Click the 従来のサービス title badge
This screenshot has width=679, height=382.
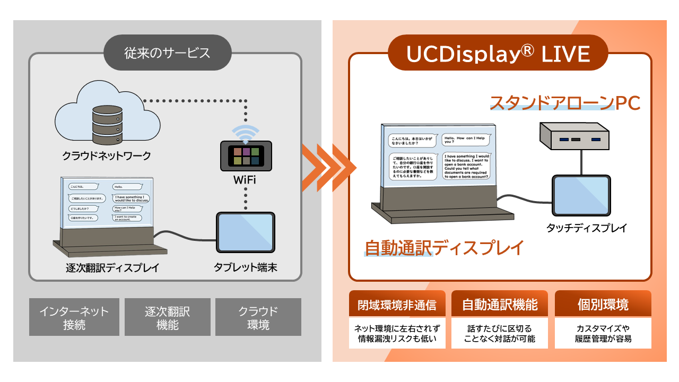click(167, 53)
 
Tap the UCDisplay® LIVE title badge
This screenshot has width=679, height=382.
click(498, 53)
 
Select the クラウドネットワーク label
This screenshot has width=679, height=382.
click(107, 156)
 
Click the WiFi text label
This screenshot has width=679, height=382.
click(245, 180)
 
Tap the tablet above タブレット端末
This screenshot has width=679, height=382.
click(245, 232)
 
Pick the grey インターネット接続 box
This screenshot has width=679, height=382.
click(74, 317)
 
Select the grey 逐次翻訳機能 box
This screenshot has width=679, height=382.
click(168, 317)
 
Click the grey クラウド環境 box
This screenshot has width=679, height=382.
click(258, 317)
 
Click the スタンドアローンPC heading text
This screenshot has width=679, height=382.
click(565, 103)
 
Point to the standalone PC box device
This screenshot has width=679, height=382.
click(574, 137)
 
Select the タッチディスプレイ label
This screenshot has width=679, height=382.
click(587, 228)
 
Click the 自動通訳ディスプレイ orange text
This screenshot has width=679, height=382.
click(444, 247)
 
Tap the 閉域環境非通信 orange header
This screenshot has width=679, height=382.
click(396, 305)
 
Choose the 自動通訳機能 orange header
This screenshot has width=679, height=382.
click(500, 305)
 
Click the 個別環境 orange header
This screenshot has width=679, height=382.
click(603, 305)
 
